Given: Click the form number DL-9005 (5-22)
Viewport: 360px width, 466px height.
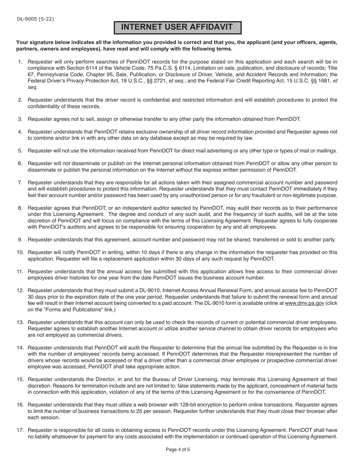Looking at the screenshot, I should [x=35, y=19].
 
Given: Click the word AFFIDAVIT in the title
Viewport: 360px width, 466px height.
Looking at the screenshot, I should [x=207, y=27].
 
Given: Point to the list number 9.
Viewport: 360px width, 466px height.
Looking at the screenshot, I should [x=20, y=239].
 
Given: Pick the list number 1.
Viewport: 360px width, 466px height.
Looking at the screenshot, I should [x=20, y=61].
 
